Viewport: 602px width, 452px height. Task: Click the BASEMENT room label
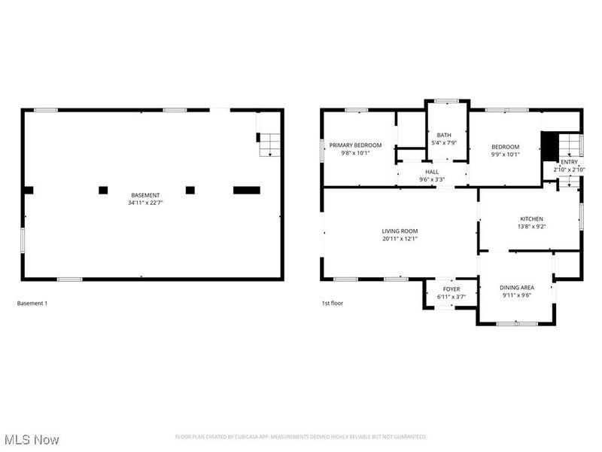145,195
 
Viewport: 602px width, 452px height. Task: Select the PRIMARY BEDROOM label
355,145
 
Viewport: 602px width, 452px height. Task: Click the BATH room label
444,135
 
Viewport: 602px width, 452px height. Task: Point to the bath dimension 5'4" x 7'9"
444,142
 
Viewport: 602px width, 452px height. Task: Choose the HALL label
431,173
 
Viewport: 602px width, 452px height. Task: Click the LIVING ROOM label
400,231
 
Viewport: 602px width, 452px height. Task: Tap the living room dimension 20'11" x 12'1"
400,239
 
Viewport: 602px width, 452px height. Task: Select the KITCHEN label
531,219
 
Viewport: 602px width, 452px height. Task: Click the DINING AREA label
517,288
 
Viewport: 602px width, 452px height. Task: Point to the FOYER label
451,289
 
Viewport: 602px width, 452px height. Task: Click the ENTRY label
569,162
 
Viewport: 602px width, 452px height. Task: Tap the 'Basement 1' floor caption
32,304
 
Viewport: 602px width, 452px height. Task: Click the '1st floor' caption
332,304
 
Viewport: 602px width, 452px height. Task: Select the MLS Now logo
32,438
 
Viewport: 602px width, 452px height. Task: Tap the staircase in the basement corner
270,144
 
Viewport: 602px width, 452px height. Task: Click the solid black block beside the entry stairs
549,144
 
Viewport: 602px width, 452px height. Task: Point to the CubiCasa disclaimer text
301,437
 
